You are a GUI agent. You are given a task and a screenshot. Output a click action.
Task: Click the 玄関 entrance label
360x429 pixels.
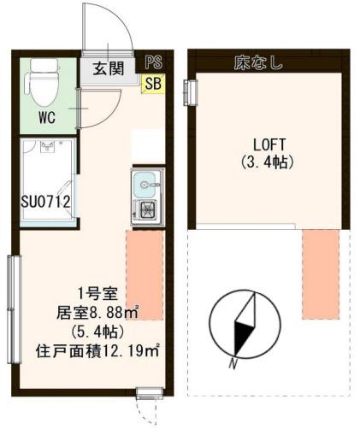click(x=108, y=68)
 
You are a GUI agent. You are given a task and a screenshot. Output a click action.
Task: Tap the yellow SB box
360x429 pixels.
click(x=154, y=83)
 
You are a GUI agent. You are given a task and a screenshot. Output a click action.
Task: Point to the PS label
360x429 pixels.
click(x=154, y=62)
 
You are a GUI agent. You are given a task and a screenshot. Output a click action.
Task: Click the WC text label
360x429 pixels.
click(x=47, y=118)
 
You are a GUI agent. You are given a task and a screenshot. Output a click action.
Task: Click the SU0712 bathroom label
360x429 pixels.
click(x=45, y=203)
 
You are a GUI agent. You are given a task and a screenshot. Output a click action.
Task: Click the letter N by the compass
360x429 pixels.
click(x=232, y=363)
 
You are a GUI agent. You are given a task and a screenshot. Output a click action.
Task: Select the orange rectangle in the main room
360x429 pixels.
click(x=145, y=273)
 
